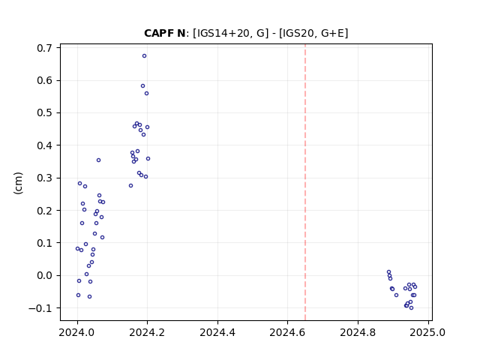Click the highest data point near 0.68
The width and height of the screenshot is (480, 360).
pyautogui.click(x=144, y=56)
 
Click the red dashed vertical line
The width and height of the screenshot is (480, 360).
pyautogui.click(x=305, y=182)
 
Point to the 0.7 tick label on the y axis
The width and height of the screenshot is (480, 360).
pyautogui.click(x=45, y=48)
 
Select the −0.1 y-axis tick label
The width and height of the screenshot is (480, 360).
pyautogui.click(x=40, y=308)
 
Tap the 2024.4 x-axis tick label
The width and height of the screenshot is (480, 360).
pyautogui.click(x=217, y=332)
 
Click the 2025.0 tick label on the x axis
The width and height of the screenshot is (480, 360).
pyautogui.click(x=427, y=332)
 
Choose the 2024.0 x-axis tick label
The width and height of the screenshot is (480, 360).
pyautogui.click(x=77, y=332)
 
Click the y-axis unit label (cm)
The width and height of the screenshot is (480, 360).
pyautogui.click(x=18, y=183)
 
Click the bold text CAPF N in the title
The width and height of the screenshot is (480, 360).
pyautogui.click(x=165, y=33)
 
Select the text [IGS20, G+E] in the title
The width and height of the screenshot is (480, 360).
pyautogui.click(x=313, y=33)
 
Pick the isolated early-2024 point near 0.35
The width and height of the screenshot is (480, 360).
pyautogui.click(x=98, y=160)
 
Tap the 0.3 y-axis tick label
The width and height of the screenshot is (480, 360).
pyautogui.click(x=45, y=178)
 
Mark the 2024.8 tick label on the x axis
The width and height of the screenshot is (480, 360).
pyautogui.click(x=358, y=332)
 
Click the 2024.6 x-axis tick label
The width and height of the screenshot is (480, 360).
pyautogui.click(x=287, y=332)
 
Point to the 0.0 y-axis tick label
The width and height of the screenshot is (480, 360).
pyautogui.click(x=45, y=275)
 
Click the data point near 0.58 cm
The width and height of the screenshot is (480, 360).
pyautogui.click(x=142, y=86)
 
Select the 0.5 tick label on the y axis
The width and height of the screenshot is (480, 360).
pyautogui.click(x=45, y=113)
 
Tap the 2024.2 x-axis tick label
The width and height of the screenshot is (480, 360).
pyautogui.click(x=147, y=332)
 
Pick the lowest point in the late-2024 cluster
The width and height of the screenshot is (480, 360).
pyautogui.click(x=411, y=308)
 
